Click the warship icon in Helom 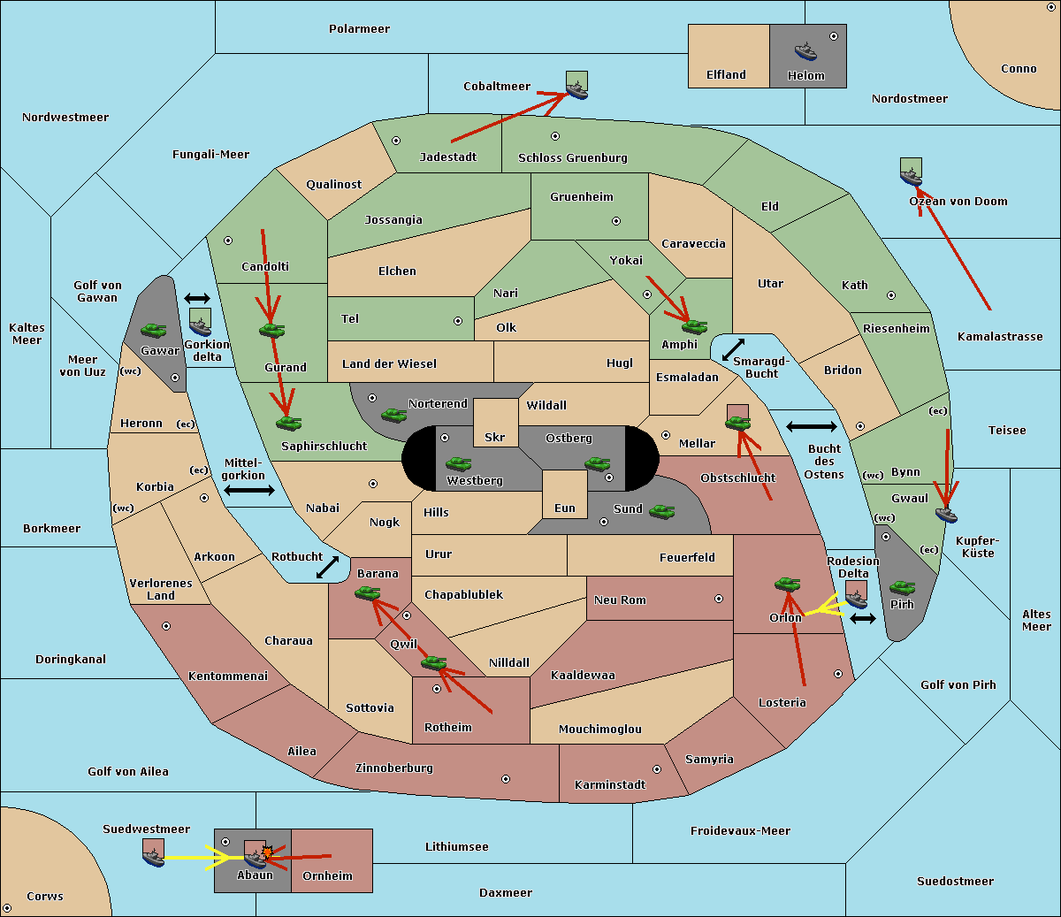click(805, 52)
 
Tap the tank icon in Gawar click(154, 330)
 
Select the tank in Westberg click(458, 463)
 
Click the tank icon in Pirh click(902, 587)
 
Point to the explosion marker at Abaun click(267, 852)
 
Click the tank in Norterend click(393, 415)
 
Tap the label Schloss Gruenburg click(572, 157)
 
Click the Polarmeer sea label click(359, 29)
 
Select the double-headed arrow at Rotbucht click(327, 567)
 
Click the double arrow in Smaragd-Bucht click(733, 349)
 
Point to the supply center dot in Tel click(458, 321)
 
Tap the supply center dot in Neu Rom click(719, 599)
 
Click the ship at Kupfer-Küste click(946, 515)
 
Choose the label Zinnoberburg click(394, 768)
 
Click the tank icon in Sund click(661, 512)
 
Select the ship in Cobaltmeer click(576, 91)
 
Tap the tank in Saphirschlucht click(288, 423)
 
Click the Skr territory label click(495, 437)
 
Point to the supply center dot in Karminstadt click(657, 769)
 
